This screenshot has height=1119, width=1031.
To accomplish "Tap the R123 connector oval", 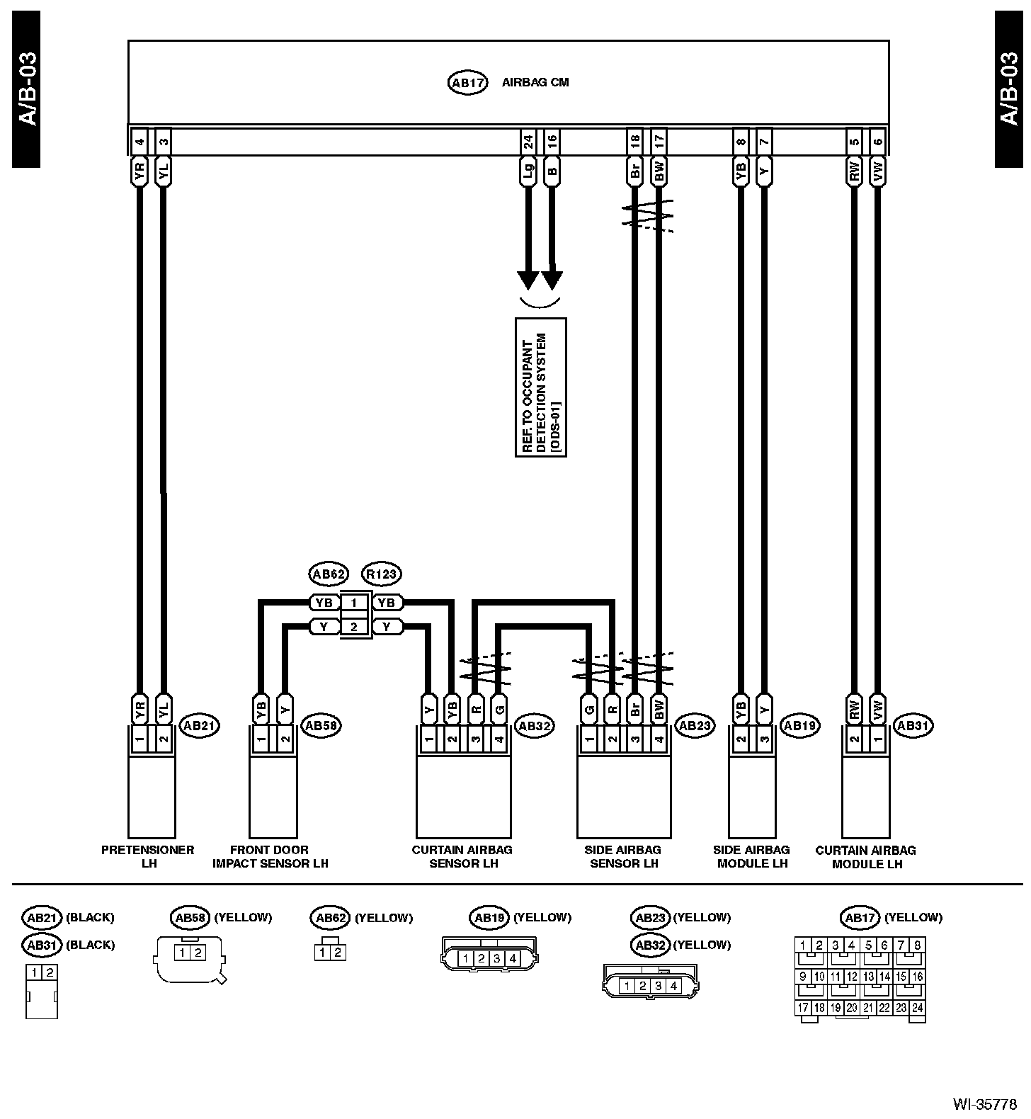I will [x=381, y=574].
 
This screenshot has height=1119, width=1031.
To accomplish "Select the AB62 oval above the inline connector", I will [x=328, y=574].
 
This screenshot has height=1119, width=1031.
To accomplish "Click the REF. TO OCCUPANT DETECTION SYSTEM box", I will [x=541, y=387].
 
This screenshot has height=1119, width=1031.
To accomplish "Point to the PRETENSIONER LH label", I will [x=148, y=856].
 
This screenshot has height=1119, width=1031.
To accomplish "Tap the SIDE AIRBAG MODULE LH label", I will [x=752, y=856].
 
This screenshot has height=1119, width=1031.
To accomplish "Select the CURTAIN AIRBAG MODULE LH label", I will [x=866, y=856].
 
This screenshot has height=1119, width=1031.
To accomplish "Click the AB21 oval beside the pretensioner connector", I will [x=200, y=725].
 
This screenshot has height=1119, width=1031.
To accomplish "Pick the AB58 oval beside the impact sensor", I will [x=321, y=725].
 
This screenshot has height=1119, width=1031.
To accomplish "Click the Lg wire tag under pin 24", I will [x=528, y=171].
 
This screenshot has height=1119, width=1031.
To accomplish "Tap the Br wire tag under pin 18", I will [x=634, y=171].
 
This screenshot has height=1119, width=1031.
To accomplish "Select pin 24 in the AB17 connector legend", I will [x=918, y=1008].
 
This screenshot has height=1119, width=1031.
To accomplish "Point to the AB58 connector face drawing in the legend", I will [x=189, y=958].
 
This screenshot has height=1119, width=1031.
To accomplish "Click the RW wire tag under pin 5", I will [x=854, y=171].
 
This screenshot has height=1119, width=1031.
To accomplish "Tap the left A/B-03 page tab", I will [x=26, y=89].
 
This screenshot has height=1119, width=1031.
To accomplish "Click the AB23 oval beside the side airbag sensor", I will [x=695, y=725].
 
